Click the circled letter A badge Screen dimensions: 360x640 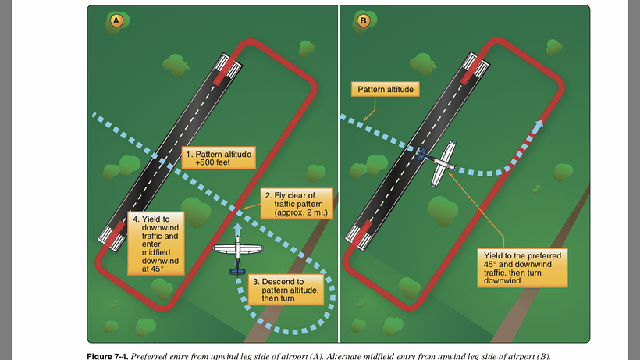[x=116, y=23]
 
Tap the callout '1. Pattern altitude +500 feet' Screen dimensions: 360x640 [x=218, y=159]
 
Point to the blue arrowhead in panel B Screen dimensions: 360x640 [x=539, y=123]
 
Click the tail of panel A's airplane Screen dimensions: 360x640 [x=236, y=270]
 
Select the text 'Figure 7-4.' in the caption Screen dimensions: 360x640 [x=106, y=356]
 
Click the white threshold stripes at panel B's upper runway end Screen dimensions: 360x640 [x=477, y=60]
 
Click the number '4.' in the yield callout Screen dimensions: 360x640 [x=136, y=219]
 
